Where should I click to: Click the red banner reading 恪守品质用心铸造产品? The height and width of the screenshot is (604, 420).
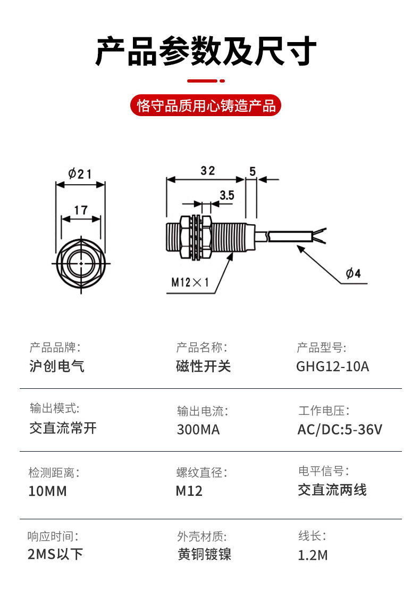click(206, 105)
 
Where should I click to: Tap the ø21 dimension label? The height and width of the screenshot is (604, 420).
click(80, 174)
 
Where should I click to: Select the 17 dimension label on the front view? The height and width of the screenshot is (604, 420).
click(81, 210)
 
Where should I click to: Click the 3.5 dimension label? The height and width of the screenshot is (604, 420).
click(226, 195)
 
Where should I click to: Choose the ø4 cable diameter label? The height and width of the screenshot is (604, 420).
click(353, 274)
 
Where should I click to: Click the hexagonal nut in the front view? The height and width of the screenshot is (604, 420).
click(81, 264)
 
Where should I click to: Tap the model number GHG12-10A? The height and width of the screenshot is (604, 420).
click(332, 366)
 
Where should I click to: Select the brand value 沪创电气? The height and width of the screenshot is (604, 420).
click(56, 366)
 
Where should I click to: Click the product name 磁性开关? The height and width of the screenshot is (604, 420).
click(204, 366)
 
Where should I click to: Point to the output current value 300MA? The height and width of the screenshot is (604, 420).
click(198, 429)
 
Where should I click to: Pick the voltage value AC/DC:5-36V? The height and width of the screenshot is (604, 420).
click(340, 429)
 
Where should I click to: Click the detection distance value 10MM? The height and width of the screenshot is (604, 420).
click(48, 491)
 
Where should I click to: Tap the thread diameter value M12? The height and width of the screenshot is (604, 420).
click(189, 491)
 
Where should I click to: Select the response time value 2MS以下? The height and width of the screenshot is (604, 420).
click(55, 554)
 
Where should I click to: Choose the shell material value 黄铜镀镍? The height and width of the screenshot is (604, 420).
click(204, 554)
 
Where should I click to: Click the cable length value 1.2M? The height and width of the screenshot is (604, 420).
click(313, 555)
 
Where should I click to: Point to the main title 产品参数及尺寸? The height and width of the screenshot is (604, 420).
click(206, 51)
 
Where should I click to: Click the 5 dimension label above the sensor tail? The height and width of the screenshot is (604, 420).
click(253, 171)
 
